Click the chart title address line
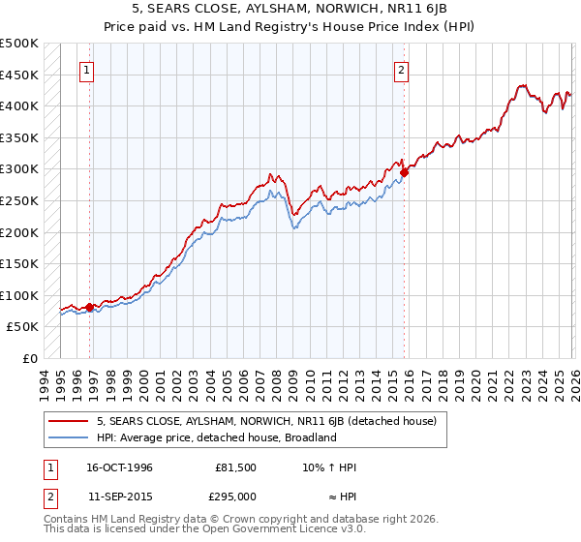pyautogui.click(x=290, y=9)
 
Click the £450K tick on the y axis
pyautogui.click(x=19, y=75)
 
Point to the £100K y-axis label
pyautogui.click(x=19, y=295)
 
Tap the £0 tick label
pyautogui.click(x=29, y=358)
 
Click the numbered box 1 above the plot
pyautogui.click(x=87, y=70)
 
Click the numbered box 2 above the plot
pyautogui.click(x=401, y=70)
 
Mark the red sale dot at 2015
pyautogui.click(x=404, y=172)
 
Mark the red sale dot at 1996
pyautogui.click(x=90, y=307)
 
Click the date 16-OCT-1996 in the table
pyautogui.click(x=119, y=467)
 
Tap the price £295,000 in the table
pyautogui.click(x=235, y=496)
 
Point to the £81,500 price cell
pyautogui.click(x=235, y=467)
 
